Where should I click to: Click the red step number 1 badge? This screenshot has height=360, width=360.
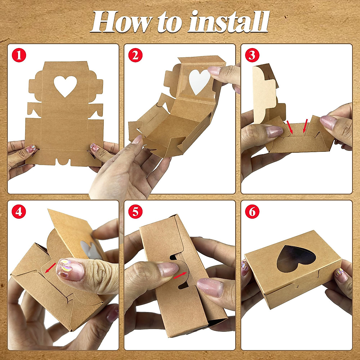19,55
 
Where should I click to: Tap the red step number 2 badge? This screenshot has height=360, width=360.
135,55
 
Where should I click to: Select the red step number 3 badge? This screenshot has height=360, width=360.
252,55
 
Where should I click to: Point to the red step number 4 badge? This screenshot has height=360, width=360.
19,211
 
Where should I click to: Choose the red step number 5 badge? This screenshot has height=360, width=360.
135,211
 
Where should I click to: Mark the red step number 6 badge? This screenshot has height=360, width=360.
252,211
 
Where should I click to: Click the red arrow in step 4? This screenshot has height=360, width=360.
50,268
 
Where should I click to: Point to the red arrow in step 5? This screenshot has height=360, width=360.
180,276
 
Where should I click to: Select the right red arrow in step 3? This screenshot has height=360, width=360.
305,126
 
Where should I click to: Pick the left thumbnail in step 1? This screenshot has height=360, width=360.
31,149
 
